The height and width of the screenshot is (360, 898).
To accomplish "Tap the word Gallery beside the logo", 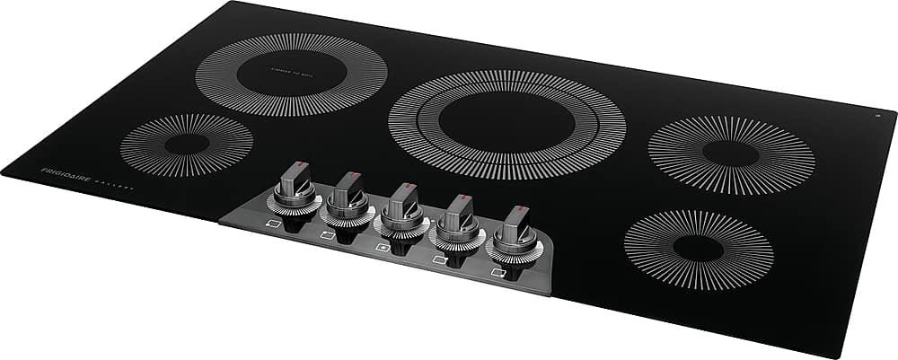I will (114, 183).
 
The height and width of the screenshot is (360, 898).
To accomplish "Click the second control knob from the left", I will (348, 196).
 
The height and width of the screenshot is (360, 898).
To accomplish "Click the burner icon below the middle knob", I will (382, 246).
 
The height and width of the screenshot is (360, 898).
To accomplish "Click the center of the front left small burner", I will (187, 145).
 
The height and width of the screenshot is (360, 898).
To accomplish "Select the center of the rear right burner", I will (731, 154).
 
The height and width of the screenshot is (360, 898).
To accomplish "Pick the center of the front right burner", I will (698, 249).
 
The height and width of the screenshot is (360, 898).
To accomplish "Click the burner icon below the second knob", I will (327, 235).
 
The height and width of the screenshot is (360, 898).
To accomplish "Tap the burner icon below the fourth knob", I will (440, 259).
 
